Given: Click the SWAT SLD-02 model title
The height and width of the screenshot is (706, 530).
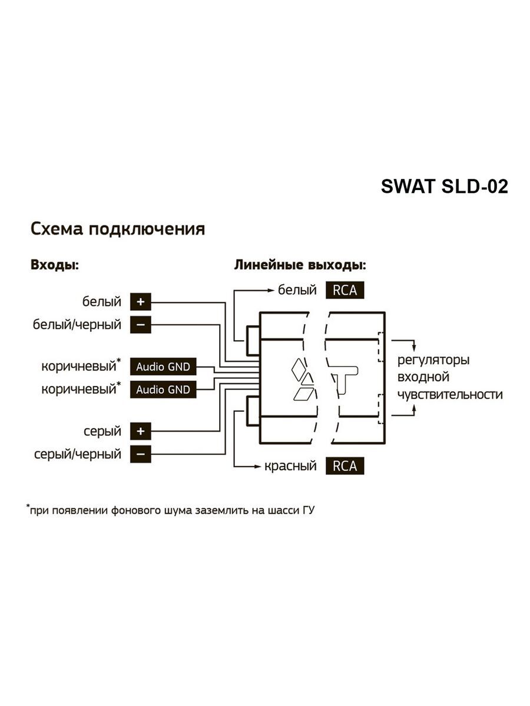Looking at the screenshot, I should [444, 187].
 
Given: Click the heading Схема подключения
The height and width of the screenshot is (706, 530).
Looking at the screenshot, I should [118, 229].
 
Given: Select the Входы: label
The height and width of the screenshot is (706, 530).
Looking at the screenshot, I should [55, 265].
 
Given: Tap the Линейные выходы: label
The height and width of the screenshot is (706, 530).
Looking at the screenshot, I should [300, 265].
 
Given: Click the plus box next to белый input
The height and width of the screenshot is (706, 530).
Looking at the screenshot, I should [140, 302].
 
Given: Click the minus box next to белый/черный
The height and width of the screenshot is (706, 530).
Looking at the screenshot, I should [140, 325].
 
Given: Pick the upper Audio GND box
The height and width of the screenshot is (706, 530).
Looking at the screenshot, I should [163, 367].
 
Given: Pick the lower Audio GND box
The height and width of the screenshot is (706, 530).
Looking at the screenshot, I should [163, 389].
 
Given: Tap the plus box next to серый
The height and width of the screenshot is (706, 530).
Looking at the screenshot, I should [140, 431].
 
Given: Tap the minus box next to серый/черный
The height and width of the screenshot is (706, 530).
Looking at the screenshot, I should [140, 454].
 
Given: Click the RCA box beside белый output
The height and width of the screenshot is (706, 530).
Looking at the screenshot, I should [344, 290].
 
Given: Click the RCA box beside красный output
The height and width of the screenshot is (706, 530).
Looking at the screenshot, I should [344, 466].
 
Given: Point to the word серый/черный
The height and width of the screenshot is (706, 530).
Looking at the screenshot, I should [78, 454].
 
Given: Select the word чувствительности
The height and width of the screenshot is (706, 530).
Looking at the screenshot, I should [450, 394].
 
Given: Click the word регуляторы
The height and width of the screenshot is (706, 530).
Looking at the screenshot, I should [434, 360].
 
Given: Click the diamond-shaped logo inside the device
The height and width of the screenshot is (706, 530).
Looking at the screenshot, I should [304, 379].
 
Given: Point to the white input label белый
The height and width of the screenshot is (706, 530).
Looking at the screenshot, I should [102, 302].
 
